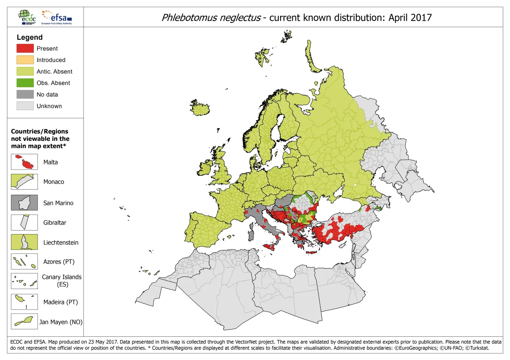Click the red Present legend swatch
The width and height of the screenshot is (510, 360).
click(x=25, y=48)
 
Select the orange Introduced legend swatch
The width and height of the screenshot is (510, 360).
click(x=25, y=60)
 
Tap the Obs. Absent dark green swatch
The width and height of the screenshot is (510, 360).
click(x=25, y=83)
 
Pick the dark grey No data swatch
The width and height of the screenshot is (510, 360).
click(x=25, y=94)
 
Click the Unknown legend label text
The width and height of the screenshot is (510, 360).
click(x=49, y=106)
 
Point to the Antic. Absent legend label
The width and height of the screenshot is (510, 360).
click(x=54, y=72)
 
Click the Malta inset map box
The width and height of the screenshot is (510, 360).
click(x=24, y=162)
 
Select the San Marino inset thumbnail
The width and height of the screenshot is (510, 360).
click(x=24, y=203)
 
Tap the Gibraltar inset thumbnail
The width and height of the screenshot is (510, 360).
click(x=24, y=222)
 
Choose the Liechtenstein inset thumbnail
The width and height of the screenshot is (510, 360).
click(x=24, y=242)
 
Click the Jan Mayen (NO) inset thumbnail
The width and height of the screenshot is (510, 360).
click(x=24, y=321)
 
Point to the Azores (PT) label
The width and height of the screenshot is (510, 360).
click(x=59, y=262)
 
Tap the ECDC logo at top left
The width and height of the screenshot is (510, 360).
click(x=27, y=17)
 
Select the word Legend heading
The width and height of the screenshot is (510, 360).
click(x=30, y=37)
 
